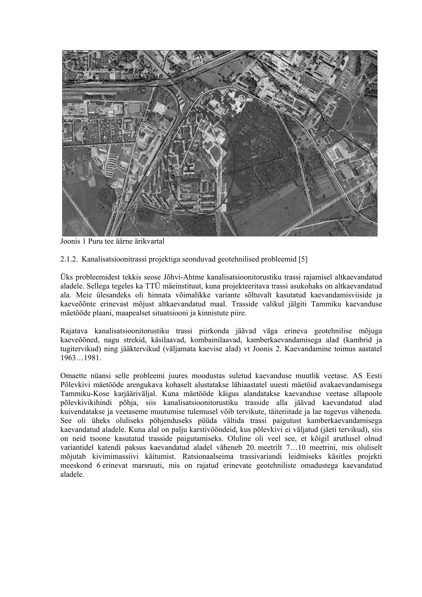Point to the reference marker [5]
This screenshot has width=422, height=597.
(303, 260)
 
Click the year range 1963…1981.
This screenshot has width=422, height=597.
(80, 358)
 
